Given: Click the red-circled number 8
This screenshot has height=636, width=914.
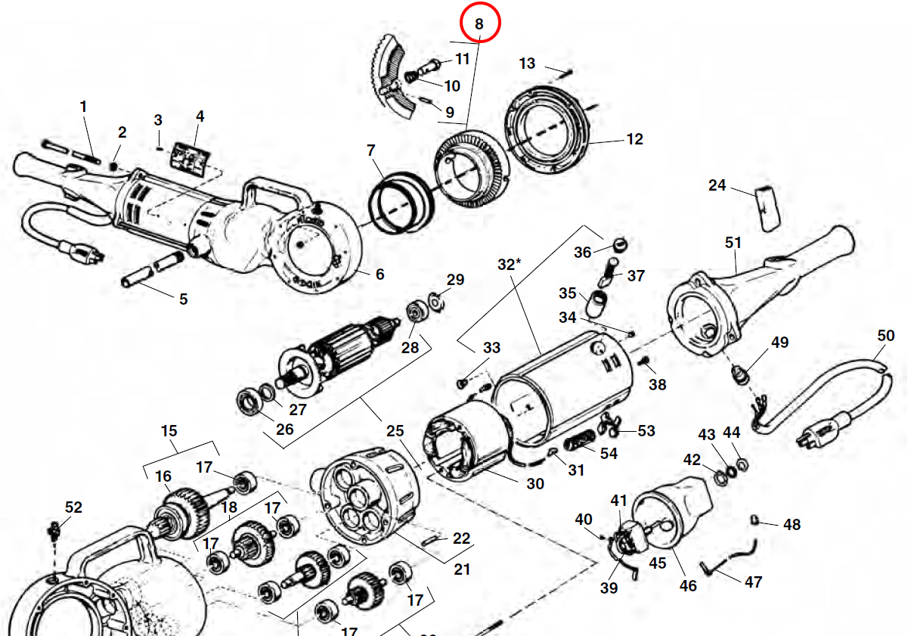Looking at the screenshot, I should coord(479,23).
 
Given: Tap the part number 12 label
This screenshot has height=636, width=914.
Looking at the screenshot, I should coord(634,139).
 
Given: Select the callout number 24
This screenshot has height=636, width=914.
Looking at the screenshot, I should coord(717,185).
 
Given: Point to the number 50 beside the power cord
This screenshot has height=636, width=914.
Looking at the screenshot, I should coord(885,335).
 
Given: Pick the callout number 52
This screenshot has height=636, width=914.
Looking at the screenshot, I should coord(73,507).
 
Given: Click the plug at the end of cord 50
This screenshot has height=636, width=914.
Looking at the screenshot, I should coord(812,434).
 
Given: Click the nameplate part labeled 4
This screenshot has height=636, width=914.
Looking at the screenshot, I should coord(188,157).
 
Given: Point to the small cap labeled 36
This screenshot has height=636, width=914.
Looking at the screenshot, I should coord(619,244).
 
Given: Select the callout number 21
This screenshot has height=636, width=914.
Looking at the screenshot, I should coord(462,569).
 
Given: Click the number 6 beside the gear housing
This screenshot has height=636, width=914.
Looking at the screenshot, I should coord(380,274).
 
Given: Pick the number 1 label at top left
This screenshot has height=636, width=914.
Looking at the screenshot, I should coord(84,107).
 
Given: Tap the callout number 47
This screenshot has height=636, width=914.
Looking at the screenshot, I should coord(753,582).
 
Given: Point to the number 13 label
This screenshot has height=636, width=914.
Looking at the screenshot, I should coord(527,64).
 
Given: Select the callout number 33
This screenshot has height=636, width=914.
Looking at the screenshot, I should coord(491,348).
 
